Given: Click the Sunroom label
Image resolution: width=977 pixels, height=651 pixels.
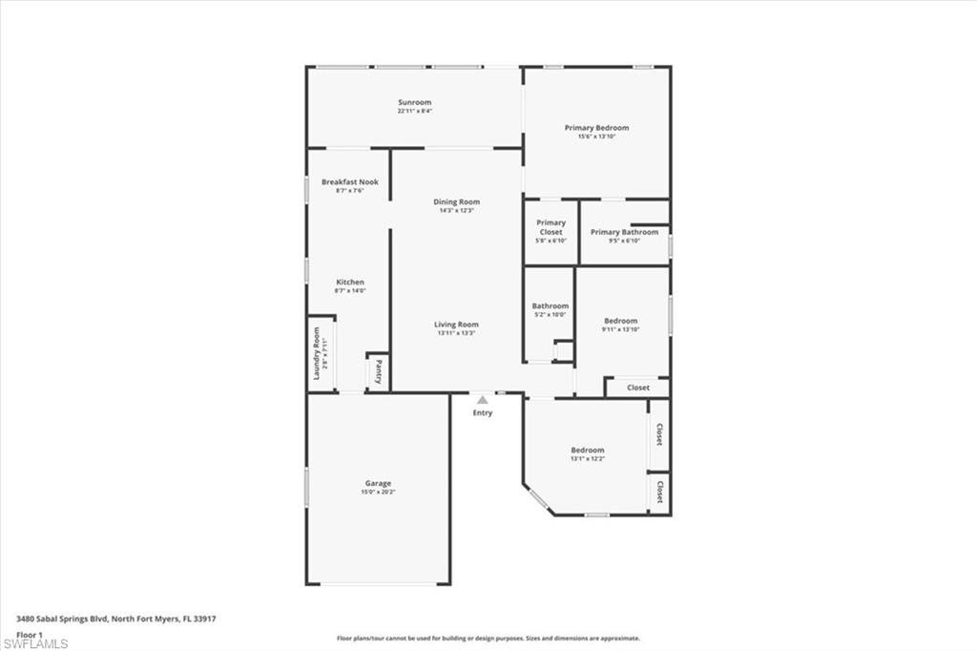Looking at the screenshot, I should (x=415, y=102).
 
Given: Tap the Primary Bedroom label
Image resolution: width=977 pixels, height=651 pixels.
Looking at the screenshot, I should (x=596, y=128).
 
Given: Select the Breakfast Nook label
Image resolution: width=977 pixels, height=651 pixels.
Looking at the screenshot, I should (x=349, y=181).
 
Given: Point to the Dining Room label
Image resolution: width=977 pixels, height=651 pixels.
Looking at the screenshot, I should (x=456, y=201).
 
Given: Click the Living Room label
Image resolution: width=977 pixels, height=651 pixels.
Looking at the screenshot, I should (x=456, y=325).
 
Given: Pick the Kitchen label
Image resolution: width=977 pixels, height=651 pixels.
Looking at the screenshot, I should (x=349, y=282).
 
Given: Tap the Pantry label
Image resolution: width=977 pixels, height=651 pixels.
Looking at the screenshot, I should (x=378, y=369).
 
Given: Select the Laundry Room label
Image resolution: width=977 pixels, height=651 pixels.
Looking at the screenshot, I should (x=317, y=353).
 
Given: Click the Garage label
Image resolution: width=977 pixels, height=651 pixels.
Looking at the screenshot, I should (x=377, y=483).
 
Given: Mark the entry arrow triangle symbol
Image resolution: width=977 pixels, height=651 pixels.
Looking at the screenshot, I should (x=483, y=400).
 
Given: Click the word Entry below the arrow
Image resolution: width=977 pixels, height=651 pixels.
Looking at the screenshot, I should (x=483, y=412).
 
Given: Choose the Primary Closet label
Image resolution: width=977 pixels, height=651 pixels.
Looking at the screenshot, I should (x=551, y=227).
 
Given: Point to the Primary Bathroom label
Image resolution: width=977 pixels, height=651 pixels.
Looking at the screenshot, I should (x=624, y=232).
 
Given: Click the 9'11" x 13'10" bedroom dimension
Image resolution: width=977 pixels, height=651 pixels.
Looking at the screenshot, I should (x=620, y=329).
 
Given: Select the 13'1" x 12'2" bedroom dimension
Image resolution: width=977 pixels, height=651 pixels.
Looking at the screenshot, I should (x=588, y=459).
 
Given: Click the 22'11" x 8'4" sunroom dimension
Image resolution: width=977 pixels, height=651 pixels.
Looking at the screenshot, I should (x=415, y=112).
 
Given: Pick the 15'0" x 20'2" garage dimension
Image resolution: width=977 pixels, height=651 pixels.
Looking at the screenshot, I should (x=377, y=493).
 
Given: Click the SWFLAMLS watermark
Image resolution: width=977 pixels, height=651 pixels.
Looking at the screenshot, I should (x=35, y=643).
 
